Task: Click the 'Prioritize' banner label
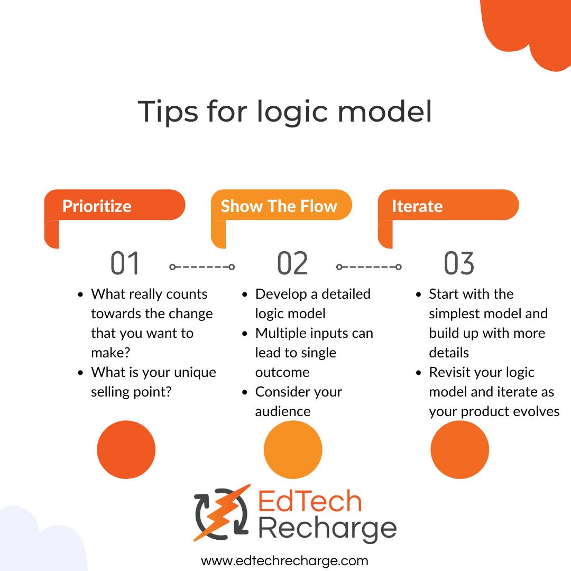tap(97, 206)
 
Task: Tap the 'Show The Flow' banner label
tap(279, 206)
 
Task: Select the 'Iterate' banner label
tap(417, 206)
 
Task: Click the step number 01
tap(125, 264)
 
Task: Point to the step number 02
tap(292, 264)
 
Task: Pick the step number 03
tap(459, 264)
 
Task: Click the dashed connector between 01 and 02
tap(202, 267)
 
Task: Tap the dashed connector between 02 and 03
tap(369, 267)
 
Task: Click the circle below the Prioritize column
tap(126, 450)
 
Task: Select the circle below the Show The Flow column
tap(293, 450)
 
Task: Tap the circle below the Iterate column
tap(459, 450)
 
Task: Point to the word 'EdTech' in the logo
tap(310, 502)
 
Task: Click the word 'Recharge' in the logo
tap(328, 528)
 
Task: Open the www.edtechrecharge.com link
tap(284, 560)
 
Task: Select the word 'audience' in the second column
tap(283, 411)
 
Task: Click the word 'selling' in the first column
tap(111, 392)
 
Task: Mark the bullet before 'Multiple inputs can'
tap(245, 334)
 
